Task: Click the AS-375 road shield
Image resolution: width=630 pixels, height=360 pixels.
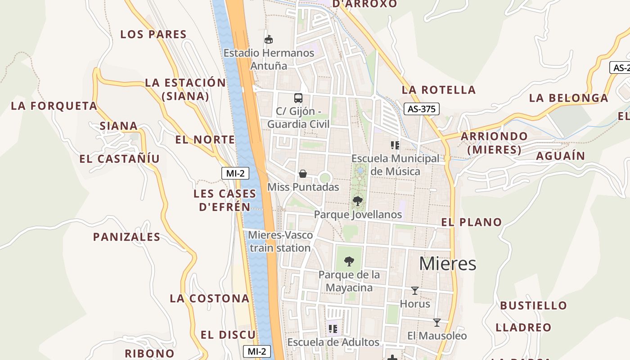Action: (421, 109)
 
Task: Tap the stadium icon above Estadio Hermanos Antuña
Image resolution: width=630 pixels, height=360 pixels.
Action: (269, 40)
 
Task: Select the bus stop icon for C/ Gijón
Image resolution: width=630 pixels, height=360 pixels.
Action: (298, 98)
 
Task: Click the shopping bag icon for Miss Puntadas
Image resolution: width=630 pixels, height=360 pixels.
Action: (303, 174)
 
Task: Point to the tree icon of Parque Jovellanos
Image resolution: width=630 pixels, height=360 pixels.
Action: (358, 201)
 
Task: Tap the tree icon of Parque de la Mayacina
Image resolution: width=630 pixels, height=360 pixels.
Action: (349, 261)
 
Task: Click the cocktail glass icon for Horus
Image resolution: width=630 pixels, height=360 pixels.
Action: (415, 291)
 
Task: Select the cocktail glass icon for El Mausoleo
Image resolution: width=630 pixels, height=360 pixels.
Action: (436, 323)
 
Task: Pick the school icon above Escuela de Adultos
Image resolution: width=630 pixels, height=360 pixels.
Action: (333, 329)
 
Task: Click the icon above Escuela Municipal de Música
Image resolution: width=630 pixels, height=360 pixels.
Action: (395, 145)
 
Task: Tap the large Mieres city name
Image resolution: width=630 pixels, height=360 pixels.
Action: (447, 264)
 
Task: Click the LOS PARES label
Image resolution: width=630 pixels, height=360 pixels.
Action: (153, 34)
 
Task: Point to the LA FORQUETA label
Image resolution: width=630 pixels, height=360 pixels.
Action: (54, 106)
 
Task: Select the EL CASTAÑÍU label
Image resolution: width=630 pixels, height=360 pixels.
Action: (119, 158)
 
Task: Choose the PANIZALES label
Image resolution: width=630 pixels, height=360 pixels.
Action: (126, 237)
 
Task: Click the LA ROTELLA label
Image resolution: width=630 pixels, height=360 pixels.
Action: (439, 90)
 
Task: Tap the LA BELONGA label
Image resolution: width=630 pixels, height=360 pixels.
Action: (568, 98)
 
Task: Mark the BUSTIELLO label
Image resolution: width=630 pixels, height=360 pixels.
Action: (534, 306)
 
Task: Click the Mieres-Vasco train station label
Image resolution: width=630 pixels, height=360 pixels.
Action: (280, 241)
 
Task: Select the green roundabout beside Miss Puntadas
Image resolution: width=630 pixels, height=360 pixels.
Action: (325, 178)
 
